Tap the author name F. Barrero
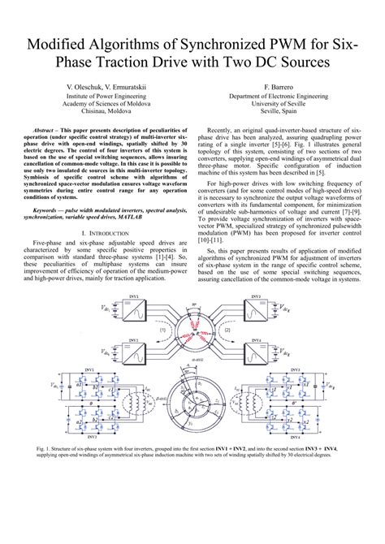(278, 84)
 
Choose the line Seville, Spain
(278, 114)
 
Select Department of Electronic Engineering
(278, 95)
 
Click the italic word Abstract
(51, 130)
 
